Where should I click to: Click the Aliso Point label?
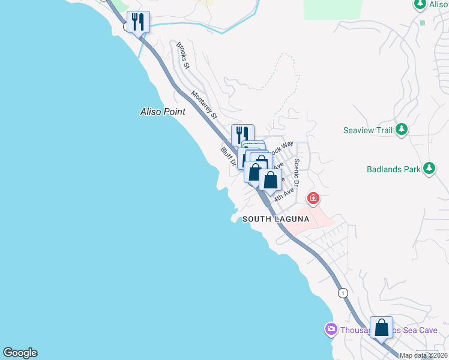163,112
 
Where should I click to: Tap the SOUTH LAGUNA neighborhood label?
276,220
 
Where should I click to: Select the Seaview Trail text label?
368,130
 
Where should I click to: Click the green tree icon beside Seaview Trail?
402,130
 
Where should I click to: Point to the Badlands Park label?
394,169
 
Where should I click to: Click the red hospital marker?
313,198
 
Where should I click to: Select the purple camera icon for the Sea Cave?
331,329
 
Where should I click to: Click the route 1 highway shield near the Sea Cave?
342,293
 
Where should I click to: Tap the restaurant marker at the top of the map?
139,22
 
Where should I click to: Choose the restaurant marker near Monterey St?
243,134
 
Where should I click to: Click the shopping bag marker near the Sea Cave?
381,328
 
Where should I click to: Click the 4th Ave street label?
284,194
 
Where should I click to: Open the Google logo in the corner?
20,353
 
